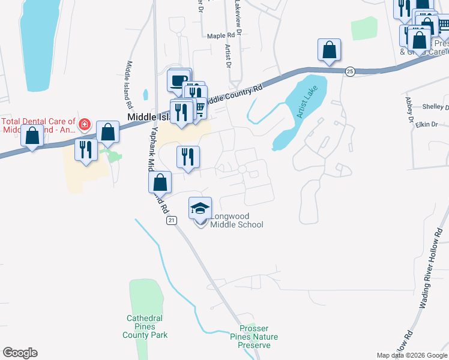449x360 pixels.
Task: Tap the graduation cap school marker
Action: pos(200,208)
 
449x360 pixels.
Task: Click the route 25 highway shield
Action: pos(350,71)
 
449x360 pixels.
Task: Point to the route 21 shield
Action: pos(172,221)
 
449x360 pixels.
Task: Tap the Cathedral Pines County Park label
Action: pos(147,326)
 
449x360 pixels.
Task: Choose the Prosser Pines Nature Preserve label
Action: pos(258,337)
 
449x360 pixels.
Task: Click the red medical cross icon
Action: pos(85,124)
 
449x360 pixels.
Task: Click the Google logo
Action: pos(20,353)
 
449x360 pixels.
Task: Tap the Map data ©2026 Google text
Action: pos(412,355)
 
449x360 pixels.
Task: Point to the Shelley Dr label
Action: pos(435,107)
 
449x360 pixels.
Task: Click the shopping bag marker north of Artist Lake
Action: pos(329,50)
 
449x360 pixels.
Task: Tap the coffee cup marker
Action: pos(178,80)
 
